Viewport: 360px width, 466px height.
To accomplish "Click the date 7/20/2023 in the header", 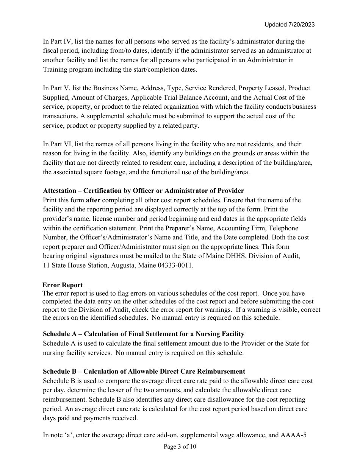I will (x=301, y=25).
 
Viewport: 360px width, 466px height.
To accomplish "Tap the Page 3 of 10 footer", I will (x=180, y=447).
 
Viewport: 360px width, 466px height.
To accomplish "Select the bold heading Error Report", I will (x=63, y=285).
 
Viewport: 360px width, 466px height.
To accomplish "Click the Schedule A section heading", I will (x=143, y=334).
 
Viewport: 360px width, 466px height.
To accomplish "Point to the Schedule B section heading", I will (x=144, y=371).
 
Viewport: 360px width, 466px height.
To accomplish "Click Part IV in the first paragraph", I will (x=55, y=41).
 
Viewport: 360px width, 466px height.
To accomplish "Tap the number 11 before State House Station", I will (x=46, y=265).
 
